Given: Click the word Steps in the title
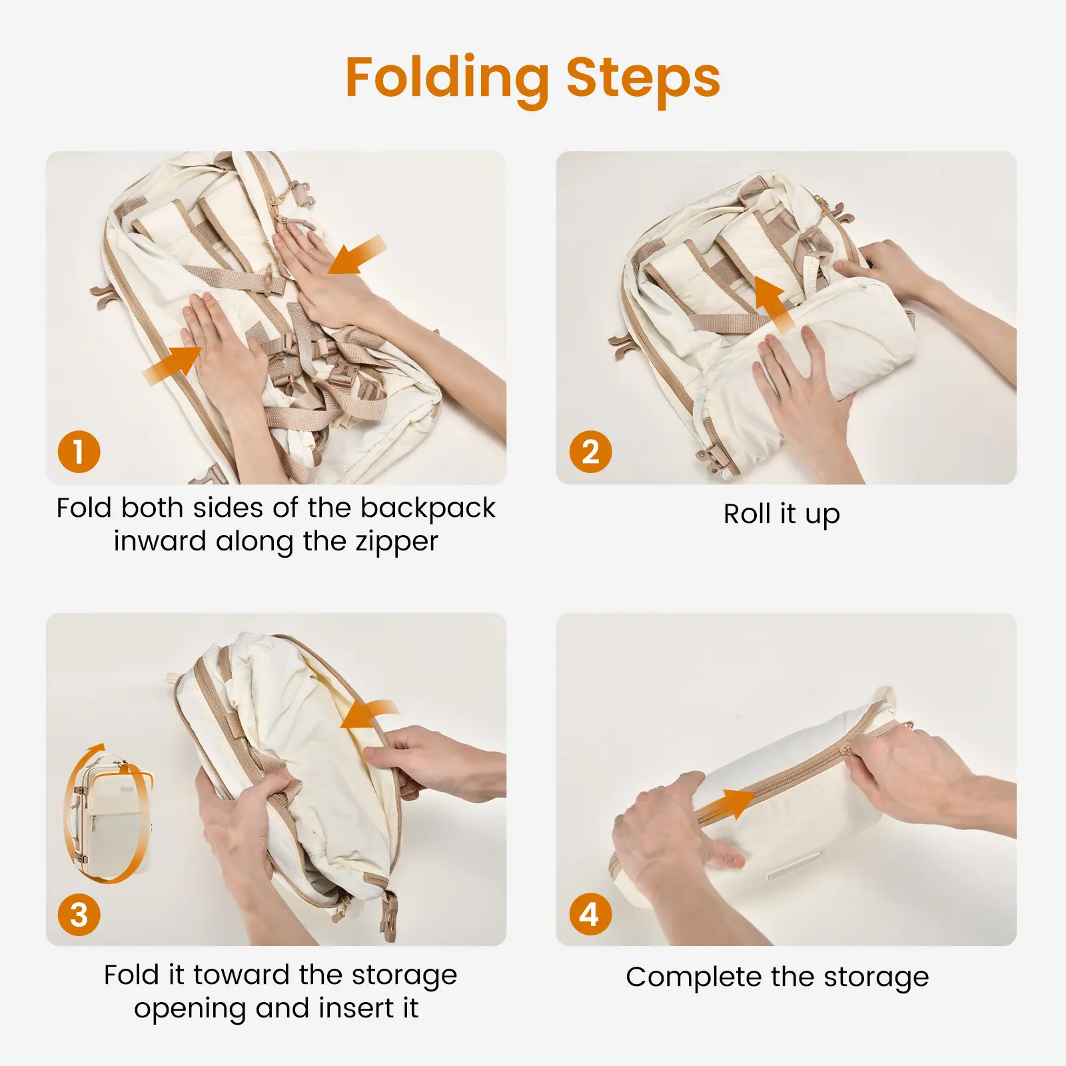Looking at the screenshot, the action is pos(643,79).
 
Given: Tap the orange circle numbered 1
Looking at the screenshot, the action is pos(79,452).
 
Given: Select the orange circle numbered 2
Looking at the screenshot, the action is pos(590,452).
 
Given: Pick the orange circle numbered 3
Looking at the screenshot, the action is pos(79,914).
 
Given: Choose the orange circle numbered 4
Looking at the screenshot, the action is pos(590,914).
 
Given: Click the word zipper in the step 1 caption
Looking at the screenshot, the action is pos(396,542).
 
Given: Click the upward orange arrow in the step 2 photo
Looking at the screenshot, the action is pos(774,305).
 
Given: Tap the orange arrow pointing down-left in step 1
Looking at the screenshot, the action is pos(356,255).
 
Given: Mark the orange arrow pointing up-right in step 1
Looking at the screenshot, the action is pos(173,365).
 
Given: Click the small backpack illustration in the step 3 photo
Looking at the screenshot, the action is pos(110,813).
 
